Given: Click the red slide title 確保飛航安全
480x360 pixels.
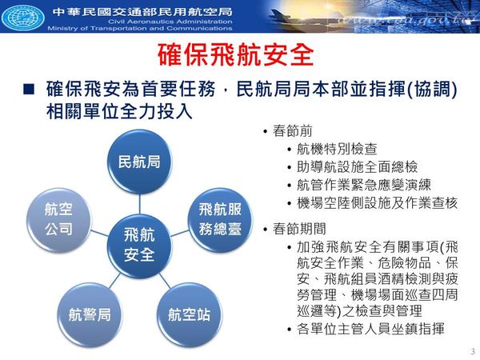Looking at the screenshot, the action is click(x=236, y=55).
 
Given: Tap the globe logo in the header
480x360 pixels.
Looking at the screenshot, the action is click(x=22, y=17).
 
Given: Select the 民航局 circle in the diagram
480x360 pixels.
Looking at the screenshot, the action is click(x=139, y=162).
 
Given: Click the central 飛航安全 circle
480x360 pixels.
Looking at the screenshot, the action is click(x=139, y=246).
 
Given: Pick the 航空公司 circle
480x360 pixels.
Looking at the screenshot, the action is click(x=58, y=220).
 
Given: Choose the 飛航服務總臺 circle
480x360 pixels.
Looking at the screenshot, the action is click(x=220, y=220).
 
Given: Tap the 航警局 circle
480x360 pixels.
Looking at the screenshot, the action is click(x=90, y=314).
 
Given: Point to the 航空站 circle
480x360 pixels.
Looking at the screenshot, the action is click(x=189, y=314).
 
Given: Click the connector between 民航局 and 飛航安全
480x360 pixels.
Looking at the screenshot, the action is click(x=139, y=204).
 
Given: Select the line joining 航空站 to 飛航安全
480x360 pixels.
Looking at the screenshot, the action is click(x=164, y=280).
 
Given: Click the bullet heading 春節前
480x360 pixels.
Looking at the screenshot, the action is click(x=292, y=131).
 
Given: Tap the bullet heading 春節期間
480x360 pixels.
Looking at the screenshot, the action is click(x=299, y=229).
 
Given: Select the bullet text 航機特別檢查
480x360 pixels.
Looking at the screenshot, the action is click(x=337, y=149).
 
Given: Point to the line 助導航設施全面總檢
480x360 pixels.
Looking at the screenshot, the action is click(x=357, y=167).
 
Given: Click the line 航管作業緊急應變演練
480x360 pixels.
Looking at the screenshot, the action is click(x=364, y=185).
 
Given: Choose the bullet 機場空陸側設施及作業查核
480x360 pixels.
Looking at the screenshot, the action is click(x=377, y=203).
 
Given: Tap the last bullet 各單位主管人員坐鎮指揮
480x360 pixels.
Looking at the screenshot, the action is click(x=370, y=329).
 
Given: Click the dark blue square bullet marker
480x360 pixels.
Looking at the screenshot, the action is click(x=29, y=89).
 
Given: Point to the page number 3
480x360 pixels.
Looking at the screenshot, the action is click(x=474, y=351).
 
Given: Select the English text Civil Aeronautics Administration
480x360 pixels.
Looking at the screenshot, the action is click(x=170, y=22).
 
